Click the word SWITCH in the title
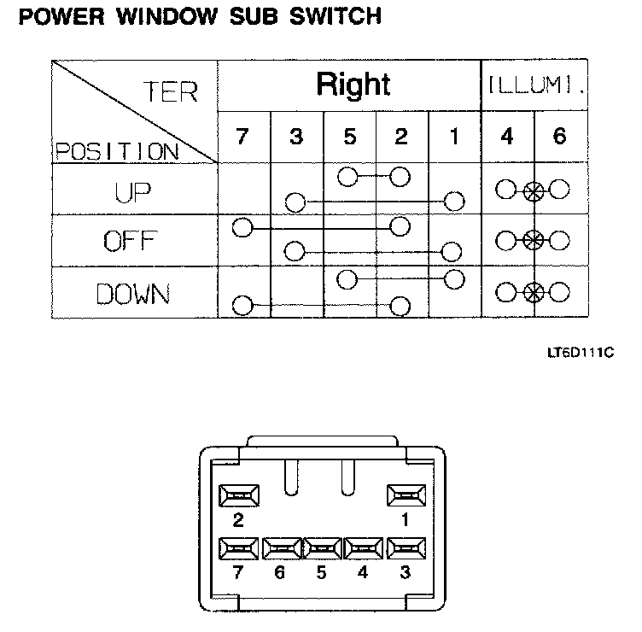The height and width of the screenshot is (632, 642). [x=330, y=15]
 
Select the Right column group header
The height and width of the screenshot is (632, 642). [x=353, y=85]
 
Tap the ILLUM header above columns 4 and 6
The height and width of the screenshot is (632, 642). [x=535, y=85]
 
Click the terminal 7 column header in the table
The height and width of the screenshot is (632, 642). [x=243, y=137]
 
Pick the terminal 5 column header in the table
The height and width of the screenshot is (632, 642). [x=348, y=137]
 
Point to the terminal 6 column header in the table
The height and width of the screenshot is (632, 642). [x=560, y=137]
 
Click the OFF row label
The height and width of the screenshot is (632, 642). [x=133, y=241]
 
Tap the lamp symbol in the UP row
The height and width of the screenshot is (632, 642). [x=534, y=190]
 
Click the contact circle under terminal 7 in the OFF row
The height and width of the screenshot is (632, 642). [x=242, y=228]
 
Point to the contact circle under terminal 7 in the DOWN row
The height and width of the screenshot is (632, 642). [x=242, y=305]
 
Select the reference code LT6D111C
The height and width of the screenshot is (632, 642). [x=581, y=351]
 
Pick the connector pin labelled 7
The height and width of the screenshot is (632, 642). [x=240, y=548]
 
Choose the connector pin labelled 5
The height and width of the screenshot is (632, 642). [x=323, y=548]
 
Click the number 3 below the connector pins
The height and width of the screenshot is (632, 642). [x=406, y=573]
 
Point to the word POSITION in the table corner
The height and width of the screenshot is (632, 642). [x=111, y=152]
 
